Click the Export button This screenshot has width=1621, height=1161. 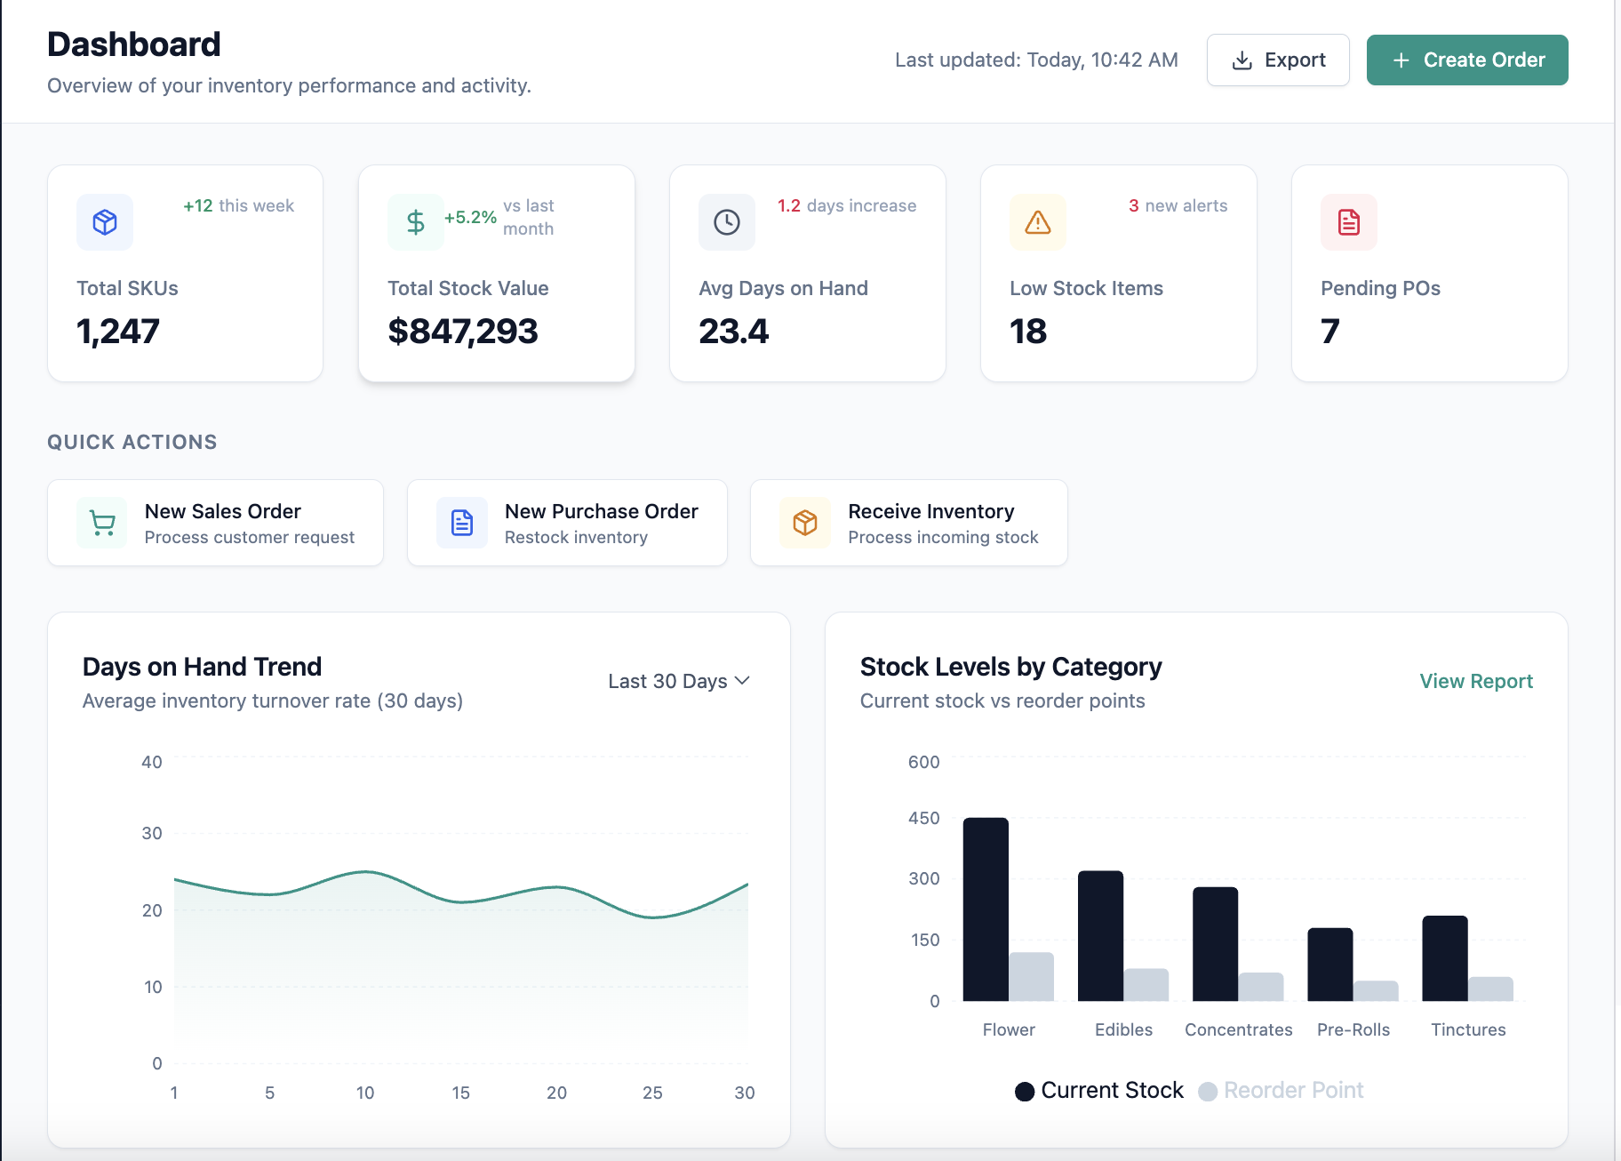click(1277, 60)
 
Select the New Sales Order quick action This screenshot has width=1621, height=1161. click(215, 523)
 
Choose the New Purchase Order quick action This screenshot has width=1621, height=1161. click(567, 523)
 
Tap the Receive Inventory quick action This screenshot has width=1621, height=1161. click(908, 523)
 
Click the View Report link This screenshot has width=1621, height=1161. click(1475, 681)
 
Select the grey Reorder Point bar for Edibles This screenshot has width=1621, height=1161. click(1146, 985)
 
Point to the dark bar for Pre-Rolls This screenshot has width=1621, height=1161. click(1330, 965)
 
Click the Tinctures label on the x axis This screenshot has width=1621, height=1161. click(1468, 1029)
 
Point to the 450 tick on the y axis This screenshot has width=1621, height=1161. click(923, 818)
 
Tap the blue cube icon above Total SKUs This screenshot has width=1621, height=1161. click(105, 222)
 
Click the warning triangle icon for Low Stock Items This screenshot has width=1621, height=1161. click(1037, 222)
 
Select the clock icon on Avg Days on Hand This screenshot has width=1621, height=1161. click(727, 222)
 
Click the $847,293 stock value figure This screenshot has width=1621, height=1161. click(463, 332)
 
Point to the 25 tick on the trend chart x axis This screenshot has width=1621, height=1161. click(652, 1093)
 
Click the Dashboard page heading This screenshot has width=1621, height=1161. click(134, 44)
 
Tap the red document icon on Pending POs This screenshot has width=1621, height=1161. click(1348, 222)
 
